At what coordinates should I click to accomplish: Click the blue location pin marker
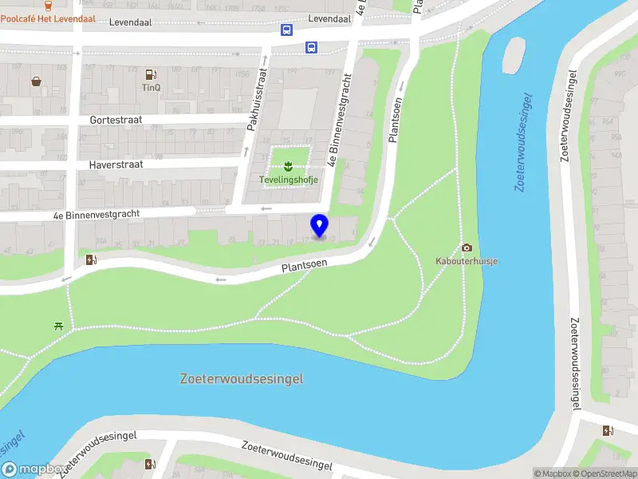click(x=320, y=226)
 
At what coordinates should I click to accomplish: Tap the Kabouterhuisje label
click(x=467, y=261)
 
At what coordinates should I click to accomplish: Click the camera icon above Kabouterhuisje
click(x=467, y=247)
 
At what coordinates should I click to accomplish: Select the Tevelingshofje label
click(x=289, y=180)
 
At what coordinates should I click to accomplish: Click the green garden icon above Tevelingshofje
click(x=289, y=166)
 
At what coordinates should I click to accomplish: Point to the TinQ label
click(x=151, y=87)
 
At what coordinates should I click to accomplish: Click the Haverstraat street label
click(x=116, y=164)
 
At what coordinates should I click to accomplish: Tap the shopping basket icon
click(x=37, y=81)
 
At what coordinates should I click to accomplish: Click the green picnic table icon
click(x=58, y=325)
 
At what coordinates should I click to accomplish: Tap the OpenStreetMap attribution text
click(x=608, y=473)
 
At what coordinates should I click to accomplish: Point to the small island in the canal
click(x=514, y=56)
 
